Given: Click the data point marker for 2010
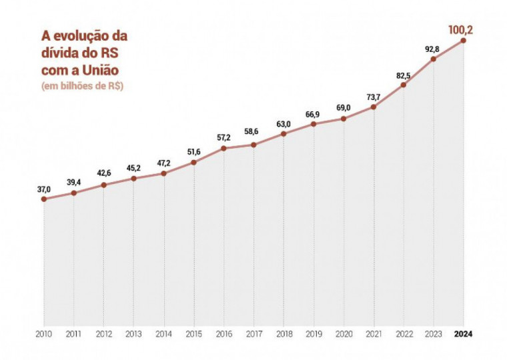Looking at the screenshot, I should [43, 199].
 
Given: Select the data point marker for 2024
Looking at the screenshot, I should [463, 41].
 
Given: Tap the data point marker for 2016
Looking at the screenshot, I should [223, 148].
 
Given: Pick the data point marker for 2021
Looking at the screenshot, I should [374, 107].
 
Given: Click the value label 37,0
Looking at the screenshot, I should [44, 189].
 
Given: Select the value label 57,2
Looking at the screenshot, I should [223, 137].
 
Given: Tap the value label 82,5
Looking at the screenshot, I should [404, 75].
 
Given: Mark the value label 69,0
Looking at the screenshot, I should [344, 108].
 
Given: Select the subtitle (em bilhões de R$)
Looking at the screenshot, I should [83, 85].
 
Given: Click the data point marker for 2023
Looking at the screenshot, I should [434, 59].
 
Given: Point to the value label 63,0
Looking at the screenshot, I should [284, 123].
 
